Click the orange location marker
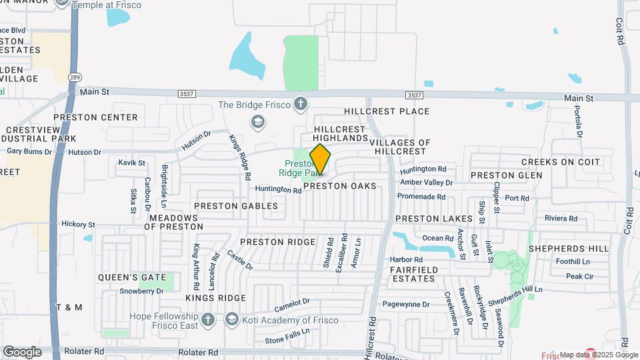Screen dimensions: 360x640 320,159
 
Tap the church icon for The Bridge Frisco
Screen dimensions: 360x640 301,104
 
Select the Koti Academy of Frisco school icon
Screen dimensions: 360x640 231,319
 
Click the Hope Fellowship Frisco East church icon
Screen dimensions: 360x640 208,319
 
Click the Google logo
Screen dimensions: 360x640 22,351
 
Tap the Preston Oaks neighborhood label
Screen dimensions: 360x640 350,186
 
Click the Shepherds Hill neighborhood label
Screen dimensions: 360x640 569,248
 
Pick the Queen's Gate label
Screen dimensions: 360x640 127,277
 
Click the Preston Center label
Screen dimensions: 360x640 95,117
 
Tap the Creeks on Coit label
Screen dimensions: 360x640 561,162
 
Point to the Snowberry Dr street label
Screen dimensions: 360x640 141,291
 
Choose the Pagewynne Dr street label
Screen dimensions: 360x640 409,304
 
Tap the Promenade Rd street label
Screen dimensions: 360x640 421,197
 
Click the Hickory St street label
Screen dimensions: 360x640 79,225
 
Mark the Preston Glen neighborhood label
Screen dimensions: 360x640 506,175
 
